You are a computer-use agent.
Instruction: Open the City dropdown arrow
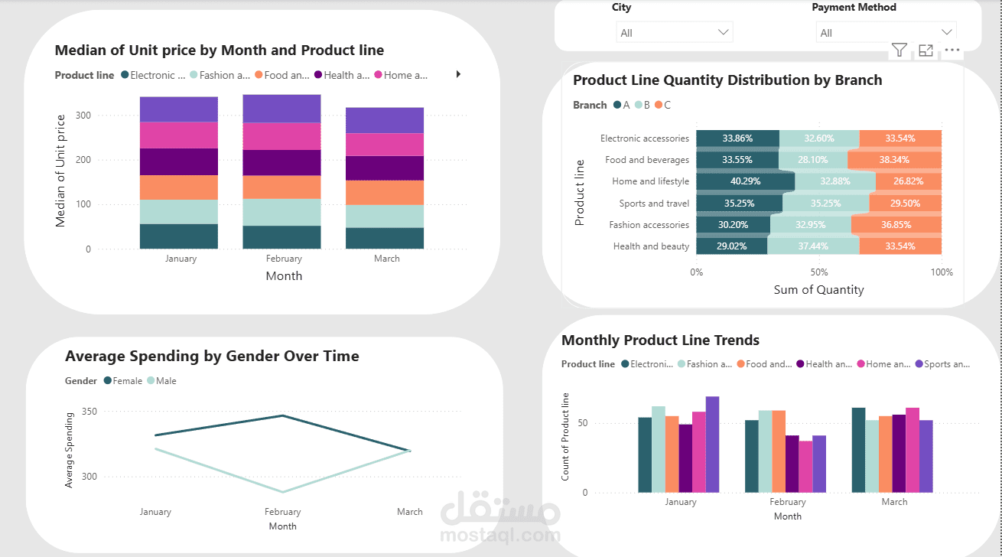723,32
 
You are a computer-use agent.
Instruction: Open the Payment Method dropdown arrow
946,32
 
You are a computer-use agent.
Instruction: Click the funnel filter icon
899,50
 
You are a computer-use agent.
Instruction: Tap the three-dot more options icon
952,50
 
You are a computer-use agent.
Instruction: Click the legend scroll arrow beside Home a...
458,74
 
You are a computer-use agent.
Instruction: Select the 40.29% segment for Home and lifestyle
745,181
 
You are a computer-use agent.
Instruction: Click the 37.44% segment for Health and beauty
813,246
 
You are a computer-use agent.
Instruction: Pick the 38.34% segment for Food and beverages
895,160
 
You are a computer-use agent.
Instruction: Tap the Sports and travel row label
654,203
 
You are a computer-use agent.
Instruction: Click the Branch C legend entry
662,105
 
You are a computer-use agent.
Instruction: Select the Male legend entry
161,381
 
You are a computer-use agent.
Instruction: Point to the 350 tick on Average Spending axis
89,411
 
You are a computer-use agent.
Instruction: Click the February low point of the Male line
283,492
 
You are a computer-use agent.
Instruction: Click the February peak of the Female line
283,415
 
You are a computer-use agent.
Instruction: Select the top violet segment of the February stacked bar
281,109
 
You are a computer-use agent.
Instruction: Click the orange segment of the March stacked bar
385,193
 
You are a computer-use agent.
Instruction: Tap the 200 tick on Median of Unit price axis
83,160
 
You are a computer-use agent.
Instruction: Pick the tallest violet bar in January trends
713,445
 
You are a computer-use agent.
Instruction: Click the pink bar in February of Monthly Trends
805,467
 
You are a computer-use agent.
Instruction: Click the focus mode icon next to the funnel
926,50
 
